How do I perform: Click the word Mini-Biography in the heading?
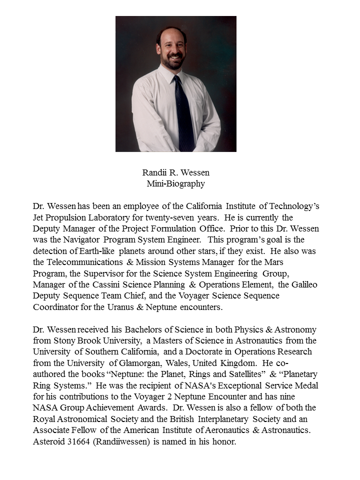click(176, 183)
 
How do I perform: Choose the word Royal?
click(44, 418)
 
